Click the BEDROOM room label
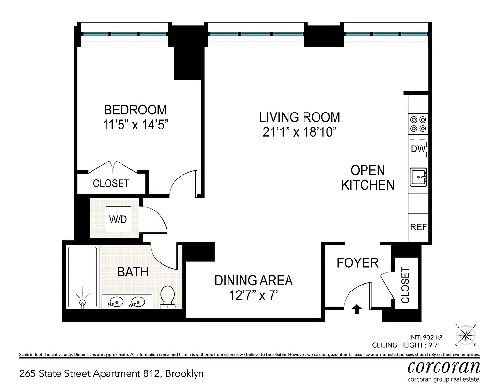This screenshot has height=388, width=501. click(x=136, y=110)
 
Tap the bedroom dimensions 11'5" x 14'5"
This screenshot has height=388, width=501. click(x=136, y=125)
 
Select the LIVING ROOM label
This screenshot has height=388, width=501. click(x=300, y=117)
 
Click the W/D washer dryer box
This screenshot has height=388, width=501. click(x=117, y=220)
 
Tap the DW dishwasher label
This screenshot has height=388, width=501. click(x=418, y=149)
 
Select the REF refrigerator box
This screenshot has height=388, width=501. click(x=418, y=227)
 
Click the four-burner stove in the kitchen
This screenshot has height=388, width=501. click(x=418, y=123)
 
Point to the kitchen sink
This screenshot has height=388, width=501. click(x=418, y=178)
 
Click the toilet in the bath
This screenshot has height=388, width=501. click(x=167, y=296)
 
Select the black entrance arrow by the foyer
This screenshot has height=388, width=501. click(x=357, y=308)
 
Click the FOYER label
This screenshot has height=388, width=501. click(x=357, y=263)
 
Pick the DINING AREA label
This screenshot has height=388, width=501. click(x=254, y=280)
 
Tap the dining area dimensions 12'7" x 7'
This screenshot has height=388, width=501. click(x=254, y=295)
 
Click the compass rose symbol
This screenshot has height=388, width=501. click(x=466, y=335)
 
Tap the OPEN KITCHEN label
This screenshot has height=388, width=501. click(x=368, y=178)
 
